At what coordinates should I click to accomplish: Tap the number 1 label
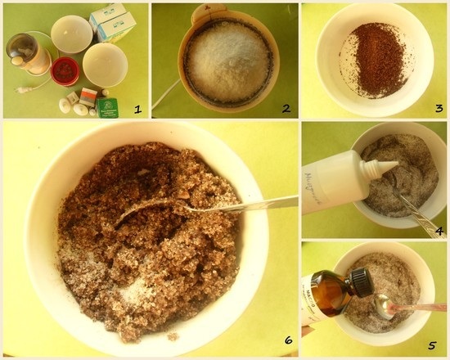pyautogui.click(x=137, y=107)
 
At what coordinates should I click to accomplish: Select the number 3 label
pyautogui.click(x=433, y=107)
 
